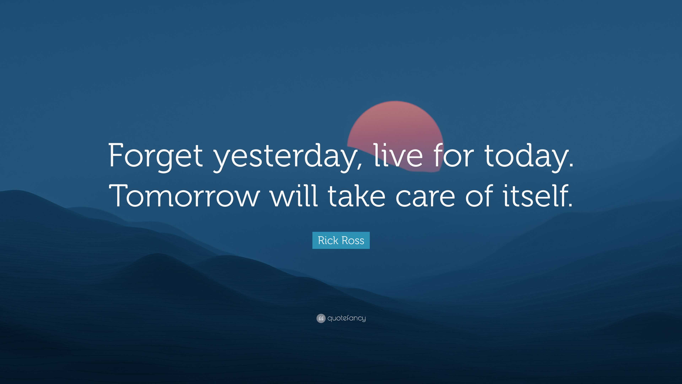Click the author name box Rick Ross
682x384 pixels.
341,240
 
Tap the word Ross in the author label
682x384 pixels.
353,240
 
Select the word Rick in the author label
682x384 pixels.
328,240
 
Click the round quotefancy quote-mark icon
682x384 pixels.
321,318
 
